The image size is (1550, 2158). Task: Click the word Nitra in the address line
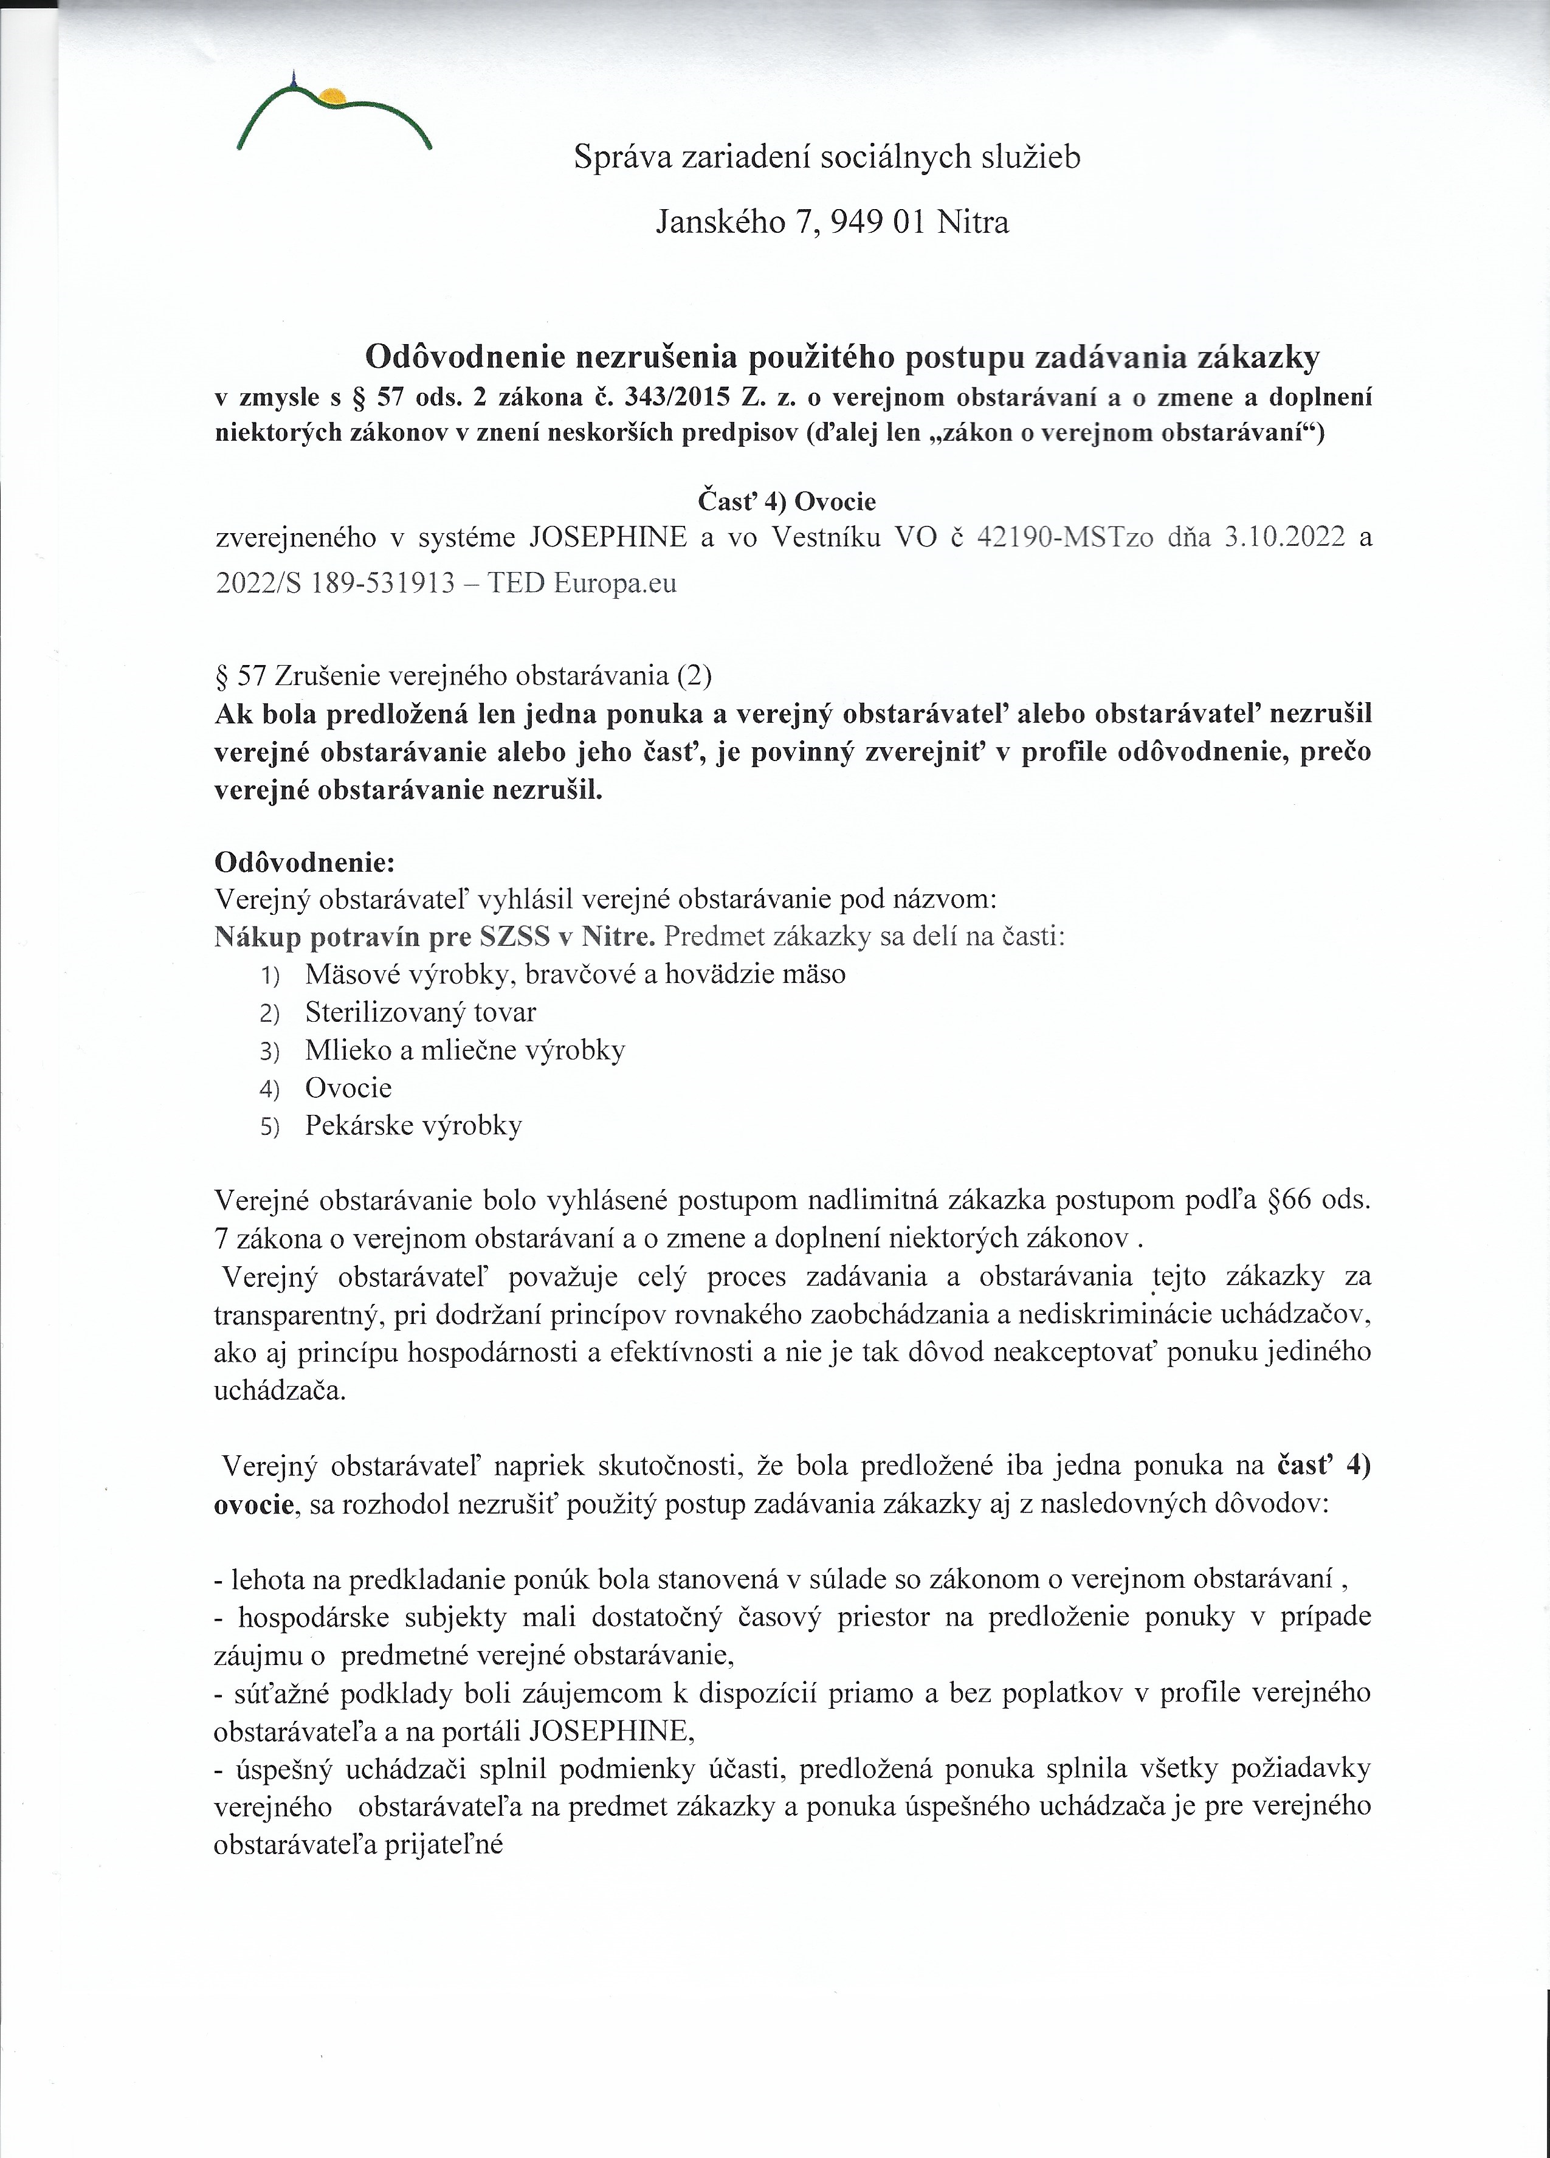click(x=973, y=222)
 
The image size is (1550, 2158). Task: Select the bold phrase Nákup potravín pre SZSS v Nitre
click(x=435, y=937)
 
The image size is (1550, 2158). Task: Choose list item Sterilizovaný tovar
click(x=421, y=1012)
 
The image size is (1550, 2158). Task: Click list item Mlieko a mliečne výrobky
click(x=464, y=1050)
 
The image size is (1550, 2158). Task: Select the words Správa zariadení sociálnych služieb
click(x=827, y=157)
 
